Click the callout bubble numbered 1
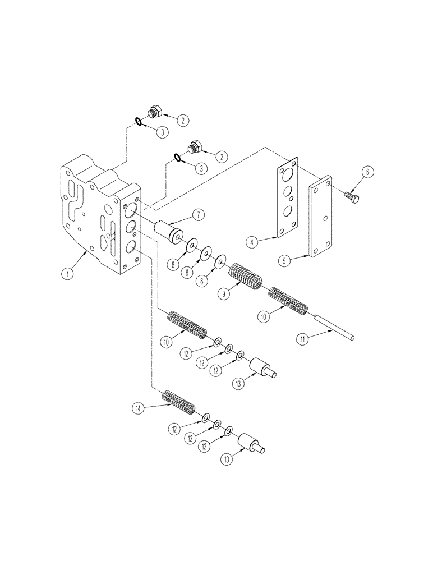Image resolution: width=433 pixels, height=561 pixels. (67, 273)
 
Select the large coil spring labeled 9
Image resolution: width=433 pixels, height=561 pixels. (246, 277)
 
